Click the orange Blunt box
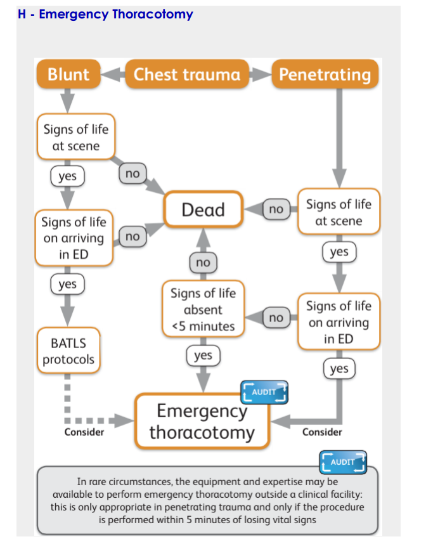click(68, 74)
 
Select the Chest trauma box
click(187, 74)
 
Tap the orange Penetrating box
click(325, 74)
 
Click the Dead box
click(203, 209)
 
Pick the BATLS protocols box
click(68, 351)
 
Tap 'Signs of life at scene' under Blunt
click(75, 138)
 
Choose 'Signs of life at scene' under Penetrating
click(339, 212)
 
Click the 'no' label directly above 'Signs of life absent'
click(203, 262)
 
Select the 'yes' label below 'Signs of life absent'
click(203, 356)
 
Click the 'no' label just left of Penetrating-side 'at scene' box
click(276, 209)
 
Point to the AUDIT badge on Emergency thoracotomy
click(264, 392)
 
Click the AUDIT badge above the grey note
click(343, 462)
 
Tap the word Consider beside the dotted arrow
click(84, 432)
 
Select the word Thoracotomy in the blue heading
click(152, 13)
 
